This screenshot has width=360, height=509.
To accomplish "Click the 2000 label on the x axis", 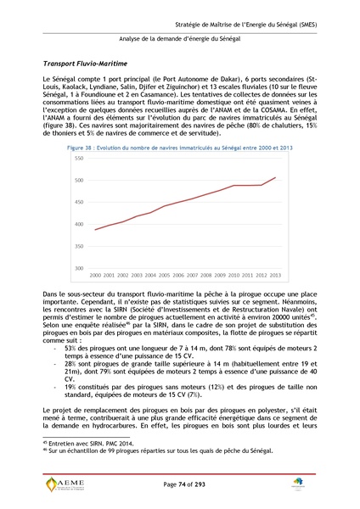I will coord(96,276).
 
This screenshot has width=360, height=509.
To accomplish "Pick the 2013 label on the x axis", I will coord(274,276).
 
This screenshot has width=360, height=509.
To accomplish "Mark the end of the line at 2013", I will coord(275,177).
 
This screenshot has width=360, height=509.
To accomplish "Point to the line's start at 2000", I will coord(96,230).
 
